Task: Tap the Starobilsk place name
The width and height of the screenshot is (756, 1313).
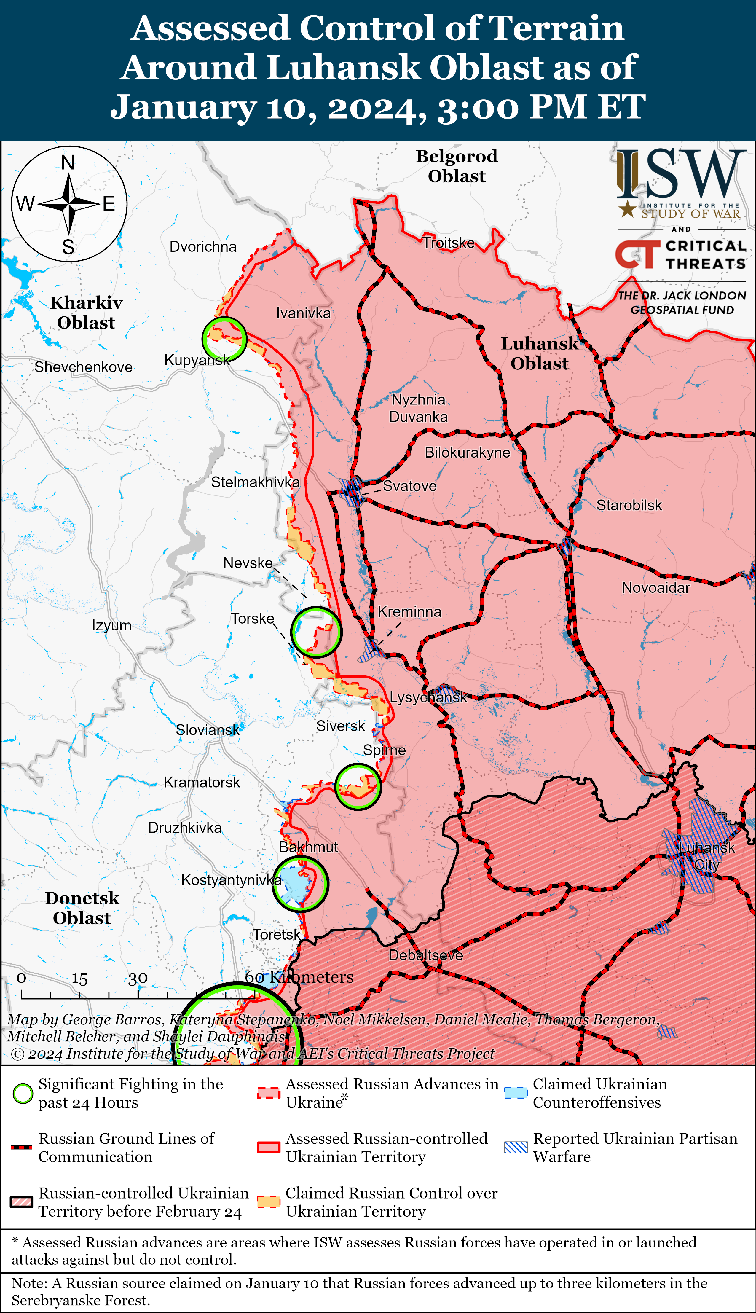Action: (629, 505)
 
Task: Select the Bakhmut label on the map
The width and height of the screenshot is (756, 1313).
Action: (308, 847)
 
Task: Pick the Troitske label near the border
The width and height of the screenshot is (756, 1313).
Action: (449, 243)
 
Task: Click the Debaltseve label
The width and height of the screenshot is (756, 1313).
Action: (426, 955)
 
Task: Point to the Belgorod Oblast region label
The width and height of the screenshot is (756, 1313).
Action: (457, 166)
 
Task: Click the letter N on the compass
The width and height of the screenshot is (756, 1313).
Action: (68, 162)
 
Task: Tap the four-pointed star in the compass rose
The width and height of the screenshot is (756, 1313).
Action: (69, 203)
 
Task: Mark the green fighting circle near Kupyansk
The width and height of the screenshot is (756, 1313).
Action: (224, 339)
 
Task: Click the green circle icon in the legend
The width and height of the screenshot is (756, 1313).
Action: (23, 1094)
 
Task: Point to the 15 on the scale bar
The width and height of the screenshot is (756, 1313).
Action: (79, 979)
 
